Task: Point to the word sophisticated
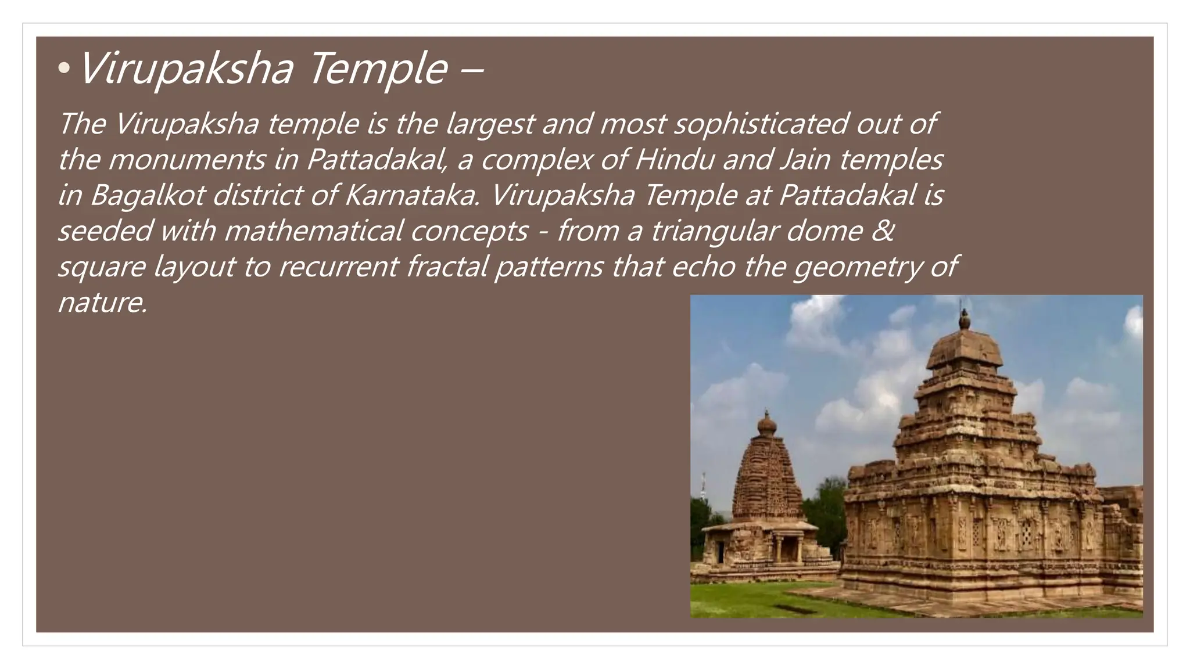click(761, 124)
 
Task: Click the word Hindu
click(674, 160)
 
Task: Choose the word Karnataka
click(413, 195)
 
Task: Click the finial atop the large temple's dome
click(964, 318)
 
